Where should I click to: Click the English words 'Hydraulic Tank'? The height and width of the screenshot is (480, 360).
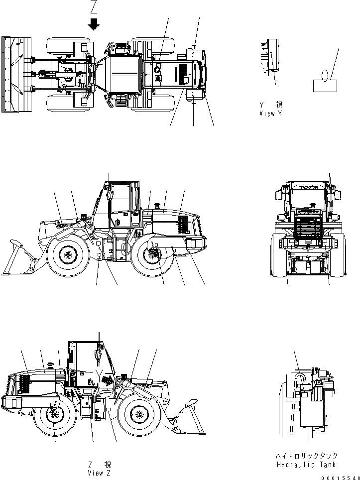[x=306, y=464]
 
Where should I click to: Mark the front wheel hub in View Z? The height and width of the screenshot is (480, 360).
[x=138, y=414]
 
